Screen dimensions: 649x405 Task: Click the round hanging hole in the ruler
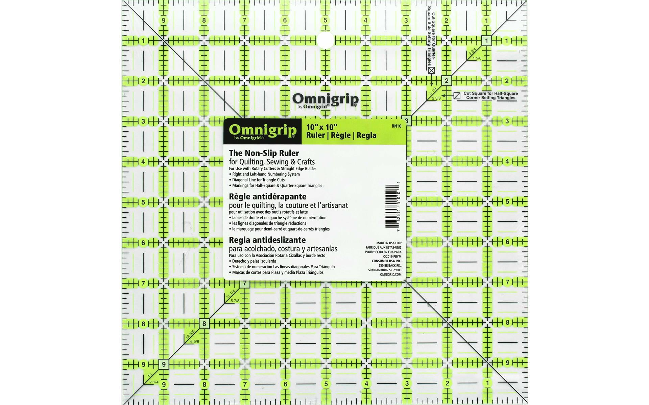pos(326,40)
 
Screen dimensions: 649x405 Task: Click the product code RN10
pos(396,126)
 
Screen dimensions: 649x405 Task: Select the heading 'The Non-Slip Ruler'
pos(264,153)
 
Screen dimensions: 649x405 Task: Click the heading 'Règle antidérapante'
pos(267,196)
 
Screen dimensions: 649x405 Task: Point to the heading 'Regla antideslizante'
pos(267,240)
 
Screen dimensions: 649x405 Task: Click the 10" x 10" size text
pos(321,127)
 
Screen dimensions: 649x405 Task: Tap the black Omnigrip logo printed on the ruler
pos(325,100)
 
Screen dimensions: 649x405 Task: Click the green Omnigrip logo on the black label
pos(263,130)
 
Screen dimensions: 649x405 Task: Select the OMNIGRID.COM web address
pos(390,274)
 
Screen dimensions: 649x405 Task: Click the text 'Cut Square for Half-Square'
pos(490,93)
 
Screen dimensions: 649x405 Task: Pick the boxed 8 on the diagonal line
pos(204,324)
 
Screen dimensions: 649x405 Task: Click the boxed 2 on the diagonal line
pos(447,81)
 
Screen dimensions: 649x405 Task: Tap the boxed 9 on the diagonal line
pos(164,364)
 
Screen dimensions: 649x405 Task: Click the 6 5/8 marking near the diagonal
pos(195,341)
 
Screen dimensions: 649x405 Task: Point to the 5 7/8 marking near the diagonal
pos(235,301)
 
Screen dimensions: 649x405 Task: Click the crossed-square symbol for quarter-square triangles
pos(431,71)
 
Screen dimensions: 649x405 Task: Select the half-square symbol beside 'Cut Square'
pos(457,96)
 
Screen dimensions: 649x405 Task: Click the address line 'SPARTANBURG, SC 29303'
pos(385,270)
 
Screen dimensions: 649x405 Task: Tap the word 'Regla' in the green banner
pos(366,135)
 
